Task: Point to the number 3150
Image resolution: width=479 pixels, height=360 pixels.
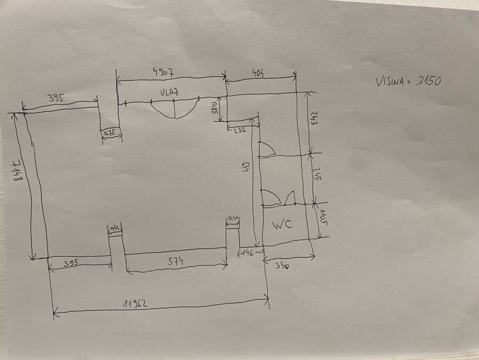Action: point(429,81)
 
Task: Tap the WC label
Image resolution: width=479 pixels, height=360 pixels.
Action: point(281,225)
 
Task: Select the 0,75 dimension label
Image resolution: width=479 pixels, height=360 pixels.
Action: point(110,134)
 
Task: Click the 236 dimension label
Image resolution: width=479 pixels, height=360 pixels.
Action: point(239,131)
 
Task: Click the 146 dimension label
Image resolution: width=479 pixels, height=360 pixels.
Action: point(249,253)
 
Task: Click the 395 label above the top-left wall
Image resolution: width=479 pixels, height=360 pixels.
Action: point(55,98)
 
